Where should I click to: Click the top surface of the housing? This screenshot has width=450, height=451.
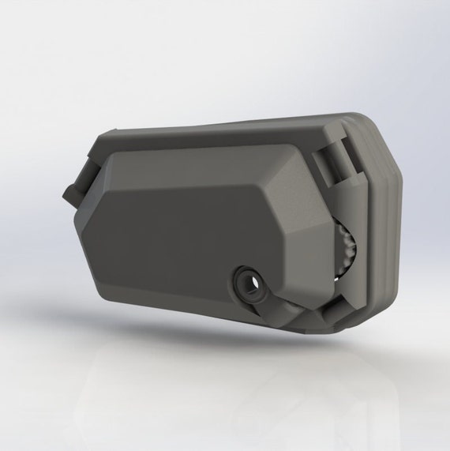click(x=221, y=134)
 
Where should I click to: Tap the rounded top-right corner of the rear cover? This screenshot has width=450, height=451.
click(x=375, y=126)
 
